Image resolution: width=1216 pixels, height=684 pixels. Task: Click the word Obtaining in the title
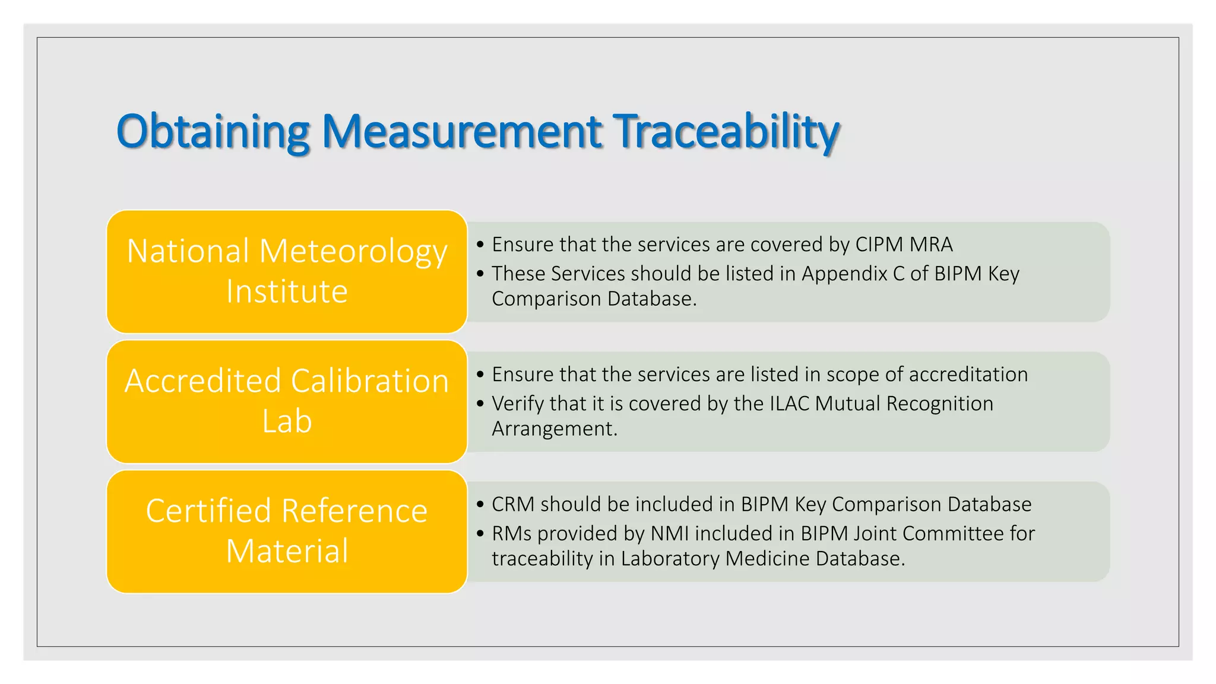[213, 132]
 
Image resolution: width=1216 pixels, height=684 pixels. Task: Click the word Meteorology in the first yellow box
[353, 252]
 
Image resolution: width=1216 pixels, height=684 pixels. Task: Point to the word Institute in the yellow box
[287, 292]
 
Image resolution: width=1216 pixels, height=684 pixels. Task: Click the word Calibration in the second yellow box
[369, 381]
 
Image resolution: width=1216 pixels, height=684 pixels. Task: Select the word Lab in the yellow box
[287, 422]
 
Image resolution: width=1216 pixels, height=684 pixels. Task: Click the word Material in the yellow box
[287, 551]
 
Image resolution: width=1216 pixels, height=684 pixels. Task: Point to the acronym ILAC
[789, 404]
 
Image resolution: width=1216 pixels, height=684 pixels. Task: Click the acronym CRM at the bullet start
[513, 504]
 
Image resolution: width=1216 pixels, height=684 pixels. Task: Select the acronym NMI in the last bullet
[669, 533]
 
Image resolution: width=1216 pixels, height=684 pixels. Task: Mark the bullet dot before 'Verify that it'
[480, 404]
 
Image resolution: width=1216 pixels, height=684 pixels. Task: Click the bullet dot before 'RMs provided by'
[480, 533]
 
